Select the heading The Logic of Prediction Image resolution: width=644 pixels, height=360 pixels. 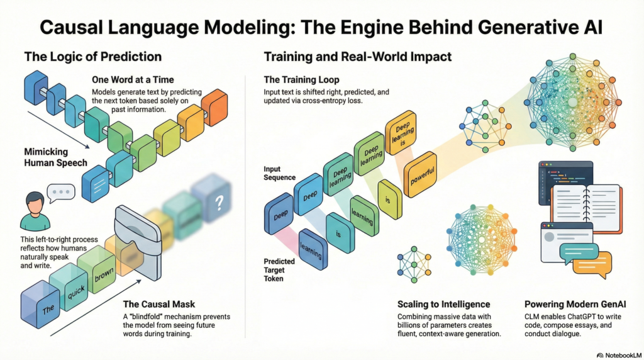(93, 57)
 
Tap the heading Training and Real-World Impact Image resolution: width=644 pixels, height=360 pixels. (357, 57)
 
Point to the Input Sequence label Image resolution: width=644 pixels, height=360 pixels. (279, 173)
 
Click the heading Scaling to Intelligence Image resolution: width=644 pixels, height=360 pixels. (443, 304)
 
